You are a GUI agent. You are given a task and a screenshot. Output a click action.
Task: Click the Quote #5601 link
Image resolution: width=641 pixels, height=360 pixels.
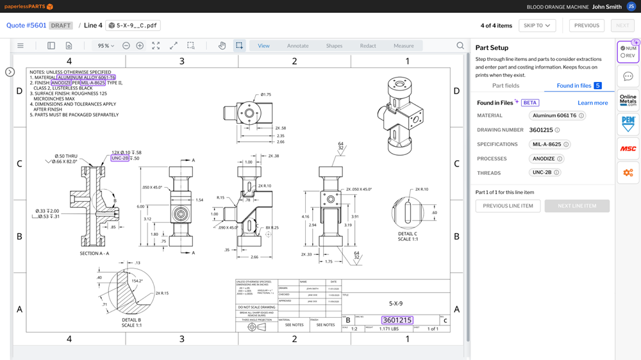(26, 26)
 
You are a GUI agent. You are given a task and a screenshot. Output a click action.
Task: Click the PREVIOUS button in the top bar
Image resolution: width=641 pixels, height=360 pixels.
(587, 26)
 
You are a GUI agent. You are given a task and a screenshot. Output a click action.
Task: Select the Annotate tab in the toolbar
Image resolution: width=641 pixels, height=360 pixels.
(297, 45)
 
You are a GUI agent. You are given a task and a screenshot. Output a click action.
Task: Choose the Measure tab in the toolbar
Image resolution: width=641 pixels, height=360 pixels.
(403, 45)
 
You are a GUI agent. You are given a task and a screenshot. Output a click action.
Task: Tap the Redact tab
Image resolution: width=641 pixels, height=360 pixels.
(368, 45)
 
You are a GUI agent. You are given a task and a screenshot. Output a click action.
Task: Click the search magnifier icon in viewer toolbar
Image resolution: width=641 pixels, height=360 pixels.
(460, 45)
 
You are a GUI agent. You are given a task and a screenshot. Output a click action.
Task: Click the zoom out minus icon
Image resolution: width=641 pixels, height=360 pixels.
(126, 45)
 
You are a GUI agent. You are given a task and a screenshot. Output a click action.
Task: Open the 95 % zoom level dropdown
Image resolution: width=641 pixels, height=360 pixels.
(105, 45)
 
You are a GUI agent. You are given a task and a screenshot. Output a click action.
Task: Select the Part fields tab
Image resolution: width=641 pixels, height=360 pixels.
(506, 85)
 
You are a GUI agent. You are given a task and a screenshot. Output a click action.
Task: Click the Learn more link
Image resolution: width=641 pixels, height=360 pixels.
(592, 102)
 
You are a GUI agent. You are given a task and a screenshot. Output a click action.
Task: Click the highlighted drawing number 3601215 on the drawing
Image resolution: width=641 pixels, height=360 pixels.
(397, 320)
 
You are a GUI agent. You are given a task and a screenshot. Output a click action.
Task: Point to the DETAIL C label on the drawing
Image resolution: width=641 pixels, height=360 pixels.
(408, 234)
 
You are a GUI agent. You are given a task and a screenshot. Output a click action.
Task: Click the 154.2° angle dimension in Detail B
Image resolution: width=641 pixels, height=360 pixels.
(137, 281)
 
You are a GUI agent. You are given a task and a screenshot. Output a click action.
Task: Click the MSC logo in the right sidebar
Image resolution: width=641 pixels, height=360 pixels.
(628, 149)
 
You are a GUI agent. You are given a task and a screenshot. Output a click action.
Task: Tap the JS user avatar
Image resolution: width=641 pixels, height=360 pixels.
(631, 6)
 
